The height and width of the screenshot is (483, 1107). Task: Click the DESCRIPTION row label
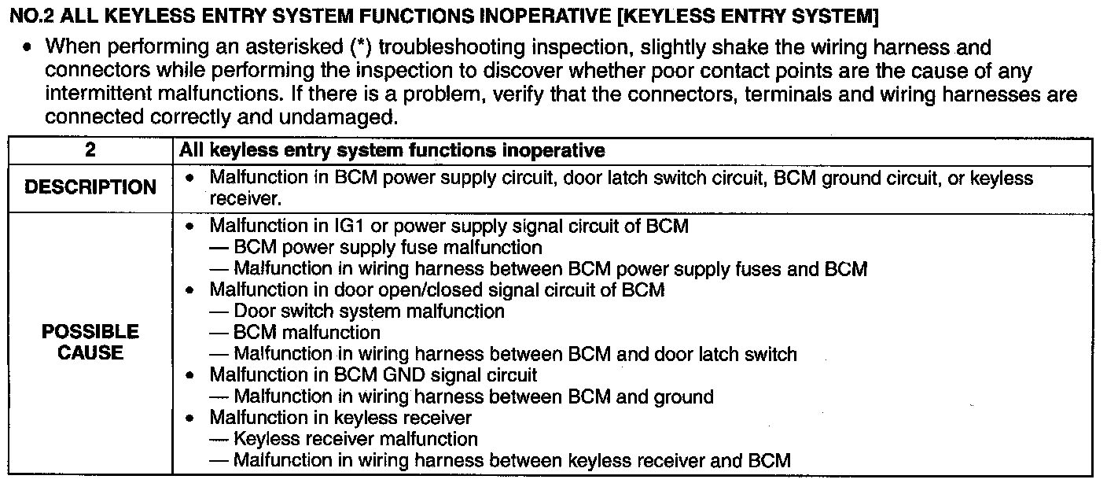coord(90,188)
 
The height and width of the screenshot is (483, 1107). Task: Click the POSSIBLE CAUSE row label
coord(90,342)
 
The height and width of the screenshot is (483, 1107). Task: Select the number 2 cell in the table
coord(90,149)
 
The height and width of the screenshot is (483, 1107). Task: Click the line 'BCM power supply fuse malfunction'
coord(388,248)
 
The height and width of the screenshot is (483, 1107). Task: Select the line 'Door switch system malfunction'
coord(369,312)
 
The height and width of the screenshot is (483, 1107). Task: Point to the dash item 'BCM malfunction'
coord(307,333)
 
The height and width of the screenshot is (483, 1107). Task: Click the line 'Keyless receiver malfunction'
coord(355,439)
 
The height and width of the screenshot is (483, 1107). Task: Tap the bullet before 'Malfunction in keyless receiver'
coord(189,418)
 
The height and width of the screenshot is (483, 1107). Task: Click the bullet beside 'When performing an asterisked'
coord(28,49)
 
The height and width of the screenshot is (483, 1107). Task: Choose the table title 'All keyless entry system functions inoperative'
coord(392,149)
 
